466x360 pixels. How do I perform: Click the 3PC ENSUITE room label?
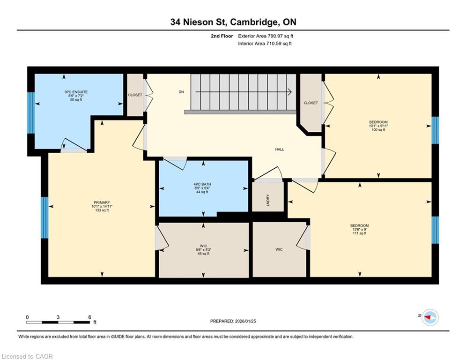(76, 92)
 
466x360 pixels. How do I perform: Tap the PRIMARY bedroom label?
(102, 202)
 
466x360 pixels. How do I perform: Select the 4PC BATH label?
(202, 184)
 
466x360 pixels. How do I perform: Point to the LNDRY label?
(268, 200)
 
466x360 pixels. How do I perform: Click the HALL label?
(279, 150)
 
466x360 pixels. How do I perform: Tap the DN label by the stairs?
(181, 92)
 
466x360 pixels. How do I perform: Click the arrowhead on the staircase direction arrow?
(289, 92)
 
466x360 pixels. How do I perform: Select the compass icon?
(430, 317)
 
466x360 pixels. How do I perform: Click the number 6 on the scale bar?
(89, 317)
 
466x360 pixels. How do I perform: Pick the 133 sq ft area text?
(102, 210)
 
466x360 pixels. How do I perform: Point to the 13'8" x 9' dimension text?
(359, 229)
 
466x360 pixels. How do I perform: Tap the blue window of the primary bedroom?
(44, 217)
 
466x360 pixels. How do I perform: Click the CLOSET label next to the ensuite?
(135, 95)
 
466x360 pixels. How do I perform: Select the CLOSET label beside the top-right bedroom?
(311, 103)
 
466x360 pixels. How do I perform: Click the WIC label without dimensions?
(279, 249)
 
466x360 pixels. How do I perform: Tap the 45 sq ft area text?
(203, 254)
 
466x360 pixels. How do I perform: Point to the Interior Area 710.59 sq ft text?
(265, 44)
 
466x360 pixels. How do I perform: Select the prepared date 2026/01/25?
(245, 321)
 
